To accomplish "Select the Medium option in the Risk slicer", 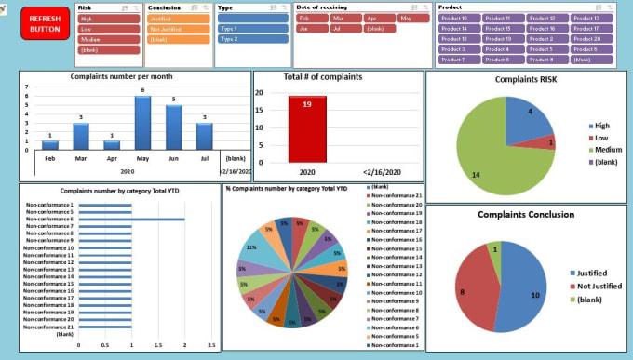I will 95,40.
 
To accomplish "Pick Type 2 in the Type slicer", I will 239,40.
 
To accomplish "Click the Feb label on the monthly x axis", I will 50,158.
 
